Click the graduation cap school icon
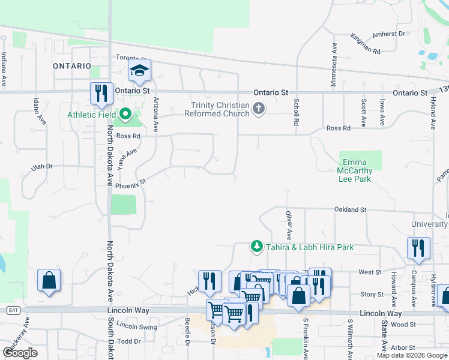(x=139, y=71)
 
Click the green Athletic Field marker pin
(x=125, y=113)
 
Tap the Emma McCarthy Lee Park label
(x=357, y=170)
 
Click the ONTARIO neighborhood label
(x=72, y=65)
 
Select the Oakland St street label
(x=350, y=209)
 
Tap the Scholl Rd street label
(x=296, y=112)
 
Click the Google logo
(x=20, y=353)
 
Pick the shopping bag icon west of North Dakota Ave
(x=49, y=280)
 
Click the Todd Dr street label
(x=129, y=341)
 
